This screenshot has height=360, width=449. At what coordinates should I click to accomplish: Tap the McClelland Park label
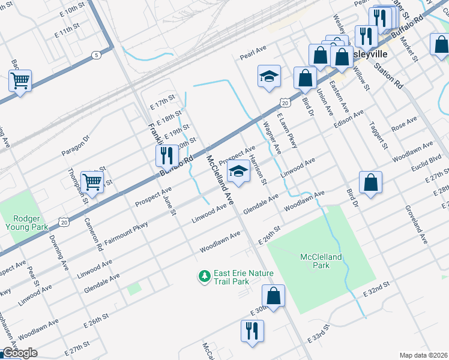click(321, 261)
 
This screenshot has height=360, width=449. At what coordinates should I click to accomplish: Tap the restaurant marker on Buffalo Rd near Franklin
click(165, 155)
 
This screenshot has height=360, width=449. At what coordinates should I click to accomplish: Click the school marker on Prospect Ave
click(238, 172)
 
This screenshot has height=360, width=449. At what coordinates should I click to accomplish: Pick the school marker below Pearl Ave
click(269, 76)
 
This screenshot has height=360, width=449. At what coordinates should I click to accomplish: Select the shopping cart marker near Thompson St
click(92, 181)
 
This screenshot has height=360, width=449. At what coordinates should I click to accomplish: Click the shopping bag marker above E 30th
click(273, 296)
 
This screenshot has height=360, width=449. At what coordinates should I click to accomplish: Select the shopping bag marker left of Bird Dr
click(305, 78)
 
